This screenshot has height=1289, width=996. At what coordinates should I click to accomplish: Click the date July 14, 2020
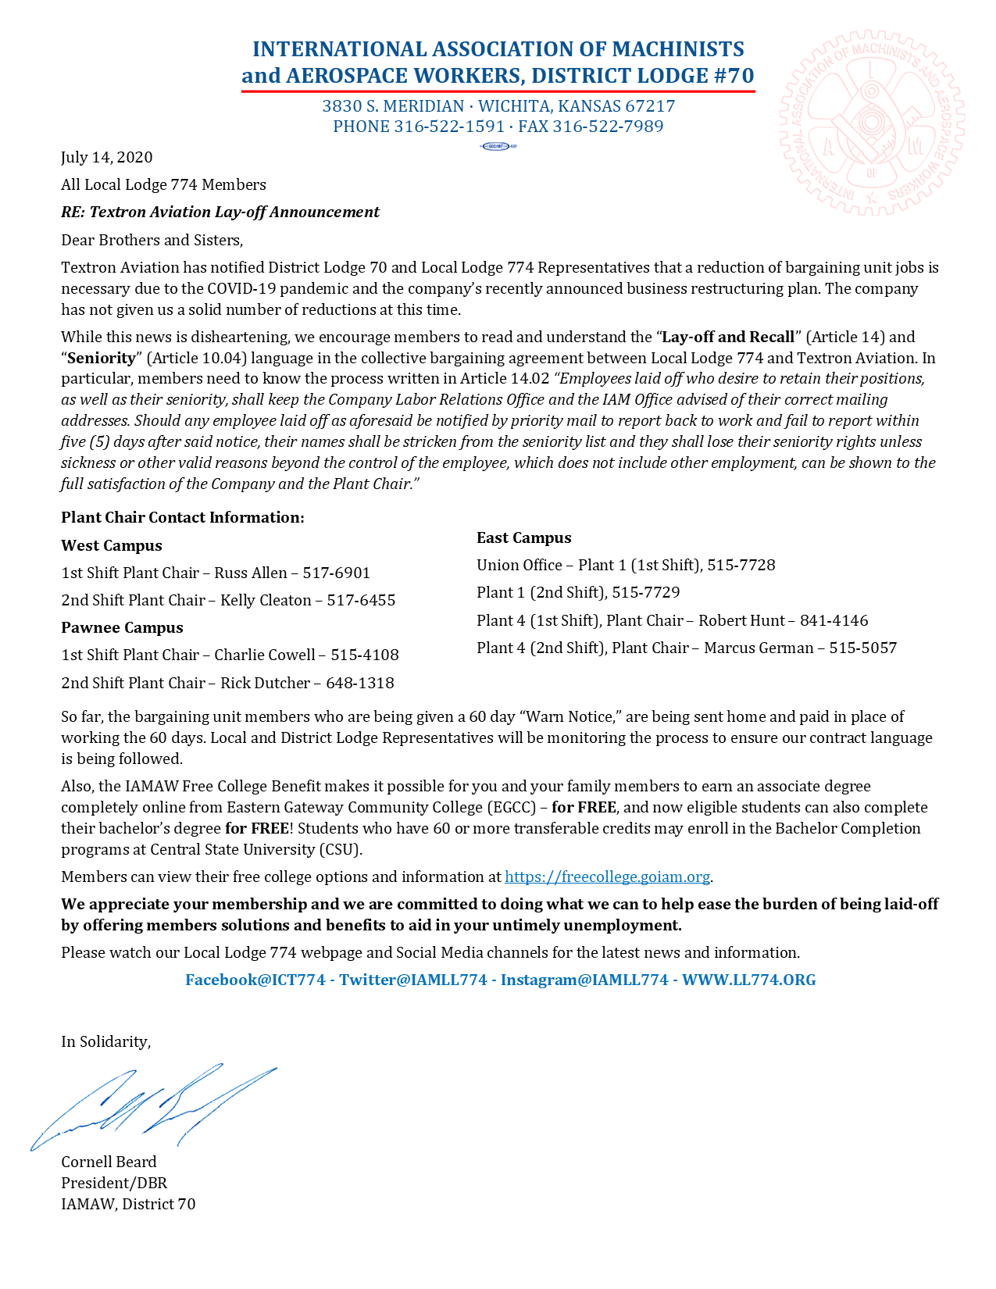tap(107, 157)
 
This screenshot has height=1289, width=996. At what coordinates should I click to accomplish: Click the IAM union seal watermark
tap(871, 123)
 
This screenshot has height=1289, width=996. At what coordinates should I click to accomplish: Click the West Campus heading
tap(112, 545)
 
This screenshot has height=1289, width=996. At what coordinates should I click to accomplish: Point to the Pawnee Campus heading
tap(122, 627)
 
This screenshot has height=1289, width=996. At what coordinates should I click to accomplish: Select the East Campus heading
tap(524, 537)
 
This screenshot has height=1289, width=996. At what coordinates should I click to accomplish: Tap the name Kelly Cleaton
tap(266, 600)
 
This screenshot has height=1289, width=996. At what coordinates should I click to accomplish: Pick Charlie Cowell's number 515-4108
tap(364, 655)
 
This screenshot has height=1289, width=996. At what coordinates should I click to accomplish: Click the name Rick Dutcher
tap(265, 683)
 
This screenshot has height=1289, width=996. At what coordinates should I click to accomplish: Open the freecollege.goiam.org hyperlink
tap(608, 877)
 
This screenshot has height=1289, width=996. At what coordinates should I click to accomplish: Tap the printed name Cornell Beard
tap(109, 1162)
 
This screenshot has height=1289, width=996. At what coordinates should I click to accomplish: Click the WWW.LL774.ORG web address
tap(748, 980)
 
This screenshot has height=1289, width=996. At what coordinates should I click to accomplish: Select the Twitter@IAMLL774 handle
tap(413, 980)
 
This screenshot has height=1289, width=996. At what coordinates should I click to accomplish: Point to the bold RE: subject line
tap(220, 212)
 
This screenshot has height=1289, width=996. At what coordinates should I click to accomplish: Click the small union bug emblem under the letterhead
tap(498, 146)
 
